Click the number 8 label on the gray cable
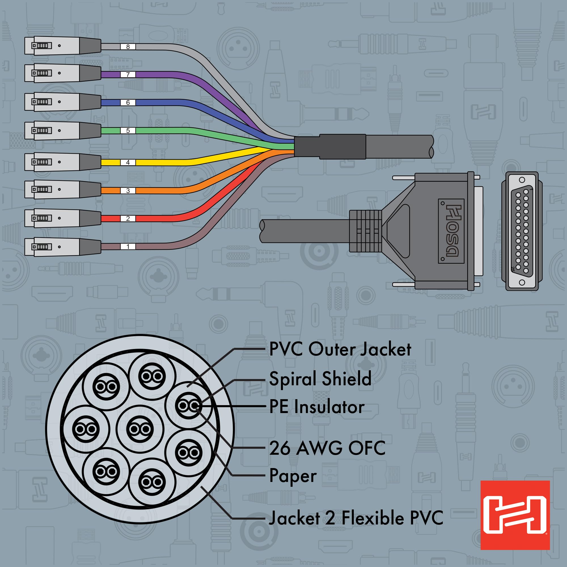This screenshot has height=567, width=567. (x=128, y=47)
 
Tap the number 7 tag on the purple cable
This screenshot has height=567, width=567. (x=128, y=75)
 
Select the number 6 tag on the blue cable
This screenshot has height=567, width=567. (x=128, y=103)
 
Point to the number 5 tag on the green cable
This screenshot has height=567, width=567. (x=128, y=131)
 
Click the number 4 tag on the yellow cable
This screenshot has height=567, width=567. (x=128, y=162)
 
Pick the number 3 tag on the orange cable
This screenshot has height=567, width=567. (x=128, y=191)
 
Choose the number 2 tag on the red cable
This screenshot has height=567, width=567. (x=128, y=219)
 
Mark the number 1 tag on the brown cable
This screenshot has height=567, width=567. (x=128, y=247)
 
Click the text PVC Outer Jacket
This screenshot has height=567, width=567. (x=340, y=350)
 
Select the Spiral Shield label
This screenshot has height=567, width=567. (x=320, y=378)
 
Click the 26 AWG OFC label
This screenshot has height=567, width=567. (x=327, y=448)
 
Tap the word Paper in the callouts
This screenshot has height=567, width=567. (x=293, y=475)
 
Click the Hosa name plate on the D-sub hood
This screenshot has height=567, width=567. (x=451, y=231)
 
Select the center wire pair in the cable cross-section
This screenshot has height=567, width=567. (x=140, y=429)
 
